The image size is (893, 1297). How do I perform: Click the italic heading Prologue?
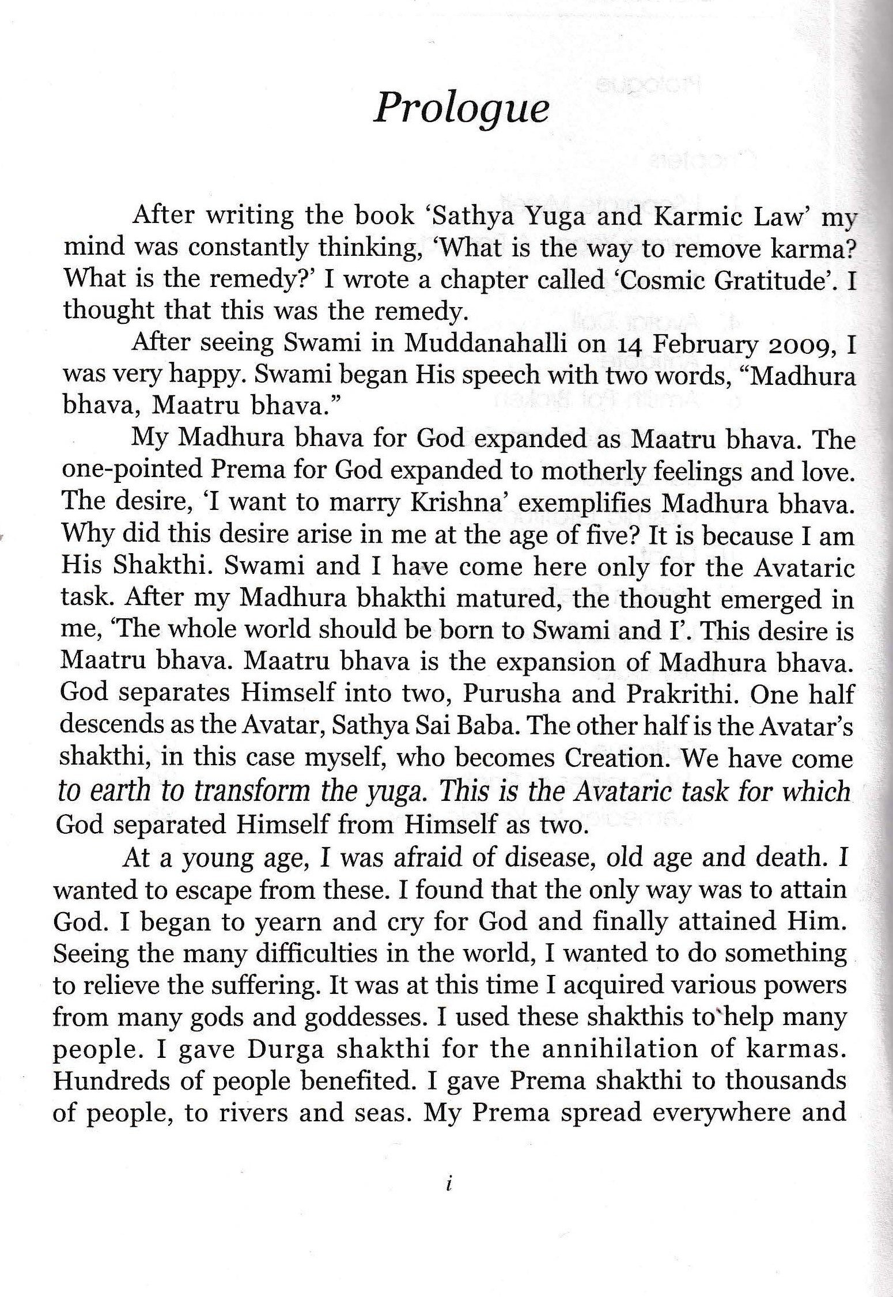[460, 108]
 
